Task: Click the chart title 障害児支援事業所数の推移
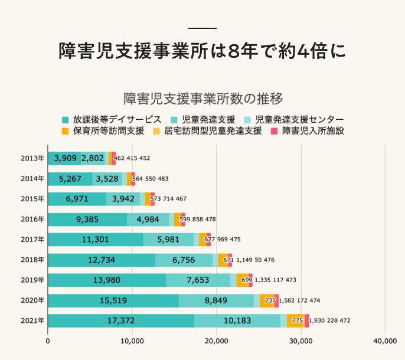pos(202,97)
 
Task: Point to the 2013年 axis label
pos(32,158)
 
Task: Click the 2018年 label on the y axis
pos(32,260)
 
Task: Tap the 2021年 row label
pos(32,320)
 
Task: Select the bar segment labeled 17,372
pos(120,320)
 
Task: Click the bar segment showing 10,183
pos(237,320)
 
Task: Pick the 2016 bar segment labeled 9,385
pos(87,219)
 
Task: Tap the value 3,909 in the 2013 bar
pos(64,158)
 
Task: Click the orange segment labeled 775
pos(296,320)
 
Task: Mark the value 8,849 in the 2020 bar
pos(216,300)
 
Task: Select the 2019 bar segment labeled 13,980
pos(106,280)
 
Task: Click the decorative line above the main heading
pos(202,28)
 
